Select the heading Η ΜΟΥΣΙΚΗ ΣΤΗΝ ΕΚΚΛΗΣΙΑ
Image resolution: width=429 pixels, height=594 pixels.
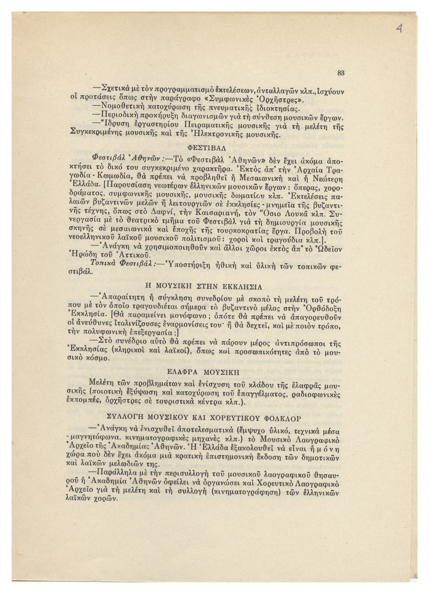(203, 287)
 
